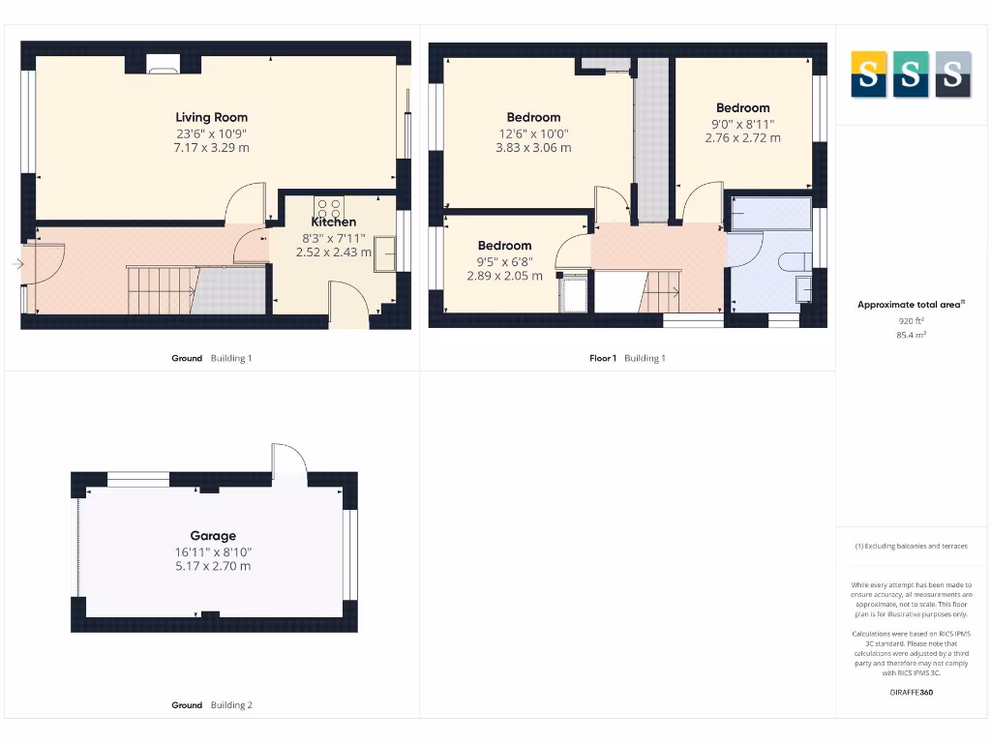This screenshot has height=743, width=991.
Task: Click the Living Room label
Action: coord(211,117)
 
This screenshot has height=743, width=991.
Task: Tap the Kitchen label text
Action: coord(333,223)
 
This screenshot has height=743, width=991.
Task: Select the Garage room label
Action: coord(212,535)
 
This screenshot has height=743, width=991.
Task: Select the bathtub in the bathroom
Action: coord(770,213)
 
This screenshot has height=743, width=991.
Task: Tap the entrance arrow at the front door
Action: coord(18,263)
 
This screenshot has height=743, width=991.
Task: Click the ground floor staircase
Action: coord(163,290)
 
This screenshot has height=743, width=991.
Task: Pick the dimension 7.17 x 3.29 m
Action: coord(211,148)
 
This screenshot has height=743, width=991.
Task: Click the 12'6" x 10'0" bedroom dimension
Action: coord(533,134)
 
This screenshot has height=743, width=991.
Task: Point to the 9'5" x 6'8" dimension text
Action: coord(504,261)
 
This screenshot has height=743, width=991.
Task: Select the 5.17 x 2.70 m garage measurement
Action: coord(212,566)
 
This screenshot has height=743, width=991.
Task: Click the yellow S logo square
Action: coord(868,74)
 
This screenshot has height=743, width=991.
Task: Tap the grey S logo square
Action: coord(953,74)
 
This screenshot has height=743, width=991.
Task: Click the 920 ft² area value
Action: coord(911,320)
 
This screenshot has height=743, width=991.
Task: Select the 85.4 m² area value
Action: coord(911,335)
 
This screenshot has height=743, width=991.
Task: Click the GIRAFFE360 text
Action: coord(911,692)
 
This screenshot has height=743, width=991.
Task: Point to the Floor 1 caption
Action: coord(602,358)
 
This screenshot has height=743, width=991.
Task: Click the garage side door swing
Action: coord(288,461)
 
